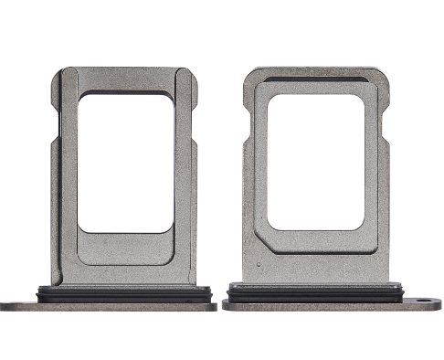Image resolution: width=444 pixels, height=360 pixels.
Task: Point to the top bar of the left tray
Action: tap(125, 77)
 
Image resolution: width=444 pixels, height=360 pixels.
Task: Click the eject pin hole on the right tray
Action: tap(423, 300)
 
